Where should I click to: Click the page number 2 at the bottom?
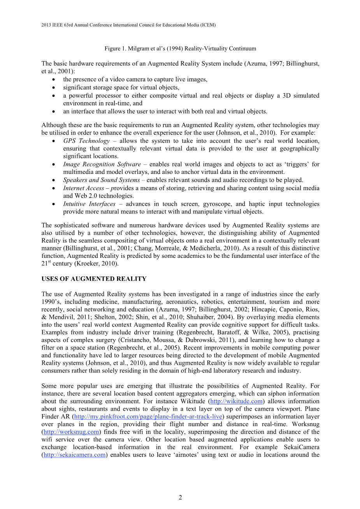coord(180,497)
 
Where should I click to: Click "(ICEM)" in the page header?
coord(208,25)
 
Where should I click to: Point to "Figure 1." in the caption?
coord(112,49)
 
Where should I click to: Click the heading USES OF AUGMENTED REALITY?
coord(94,279)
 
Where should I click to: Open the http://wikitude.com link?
coord(236,401)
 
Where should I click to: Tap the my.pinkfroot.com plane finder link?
coord(148,416)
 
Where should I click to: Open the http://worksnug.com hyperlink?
coord(71,432)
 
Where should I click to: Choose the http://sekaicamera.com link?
coord(74,455)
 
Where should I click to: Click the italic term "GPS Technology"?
coord(86,141)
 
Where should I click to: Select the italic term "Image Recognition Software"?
coord(102,164)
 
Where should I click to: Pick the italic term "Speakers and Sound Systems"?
coord(101,180)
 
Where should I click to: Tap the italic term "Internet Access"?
coord(84,188)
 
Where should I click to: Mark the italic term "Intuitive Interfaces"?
coord(89,204)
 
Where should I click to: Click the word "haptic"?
coord(260,204)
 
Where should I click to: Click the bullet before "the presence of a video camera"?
coord(53,80)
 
